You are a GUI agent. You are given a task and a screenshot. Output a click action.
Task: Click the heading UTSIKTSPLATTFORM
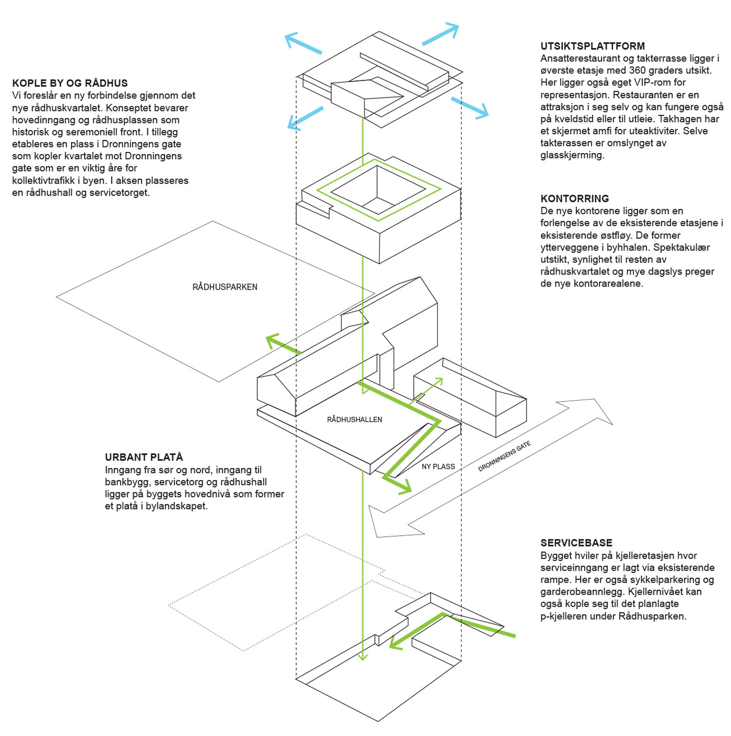pyautogui.click(x=592, y=46)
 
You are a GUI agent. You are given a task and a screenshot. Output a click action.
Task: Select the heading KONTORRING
pyautogui.click(x=575, y=198)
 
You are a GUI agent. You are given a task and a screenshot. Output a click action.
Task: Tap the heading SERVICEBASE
pyautogui.click(x=576, y=543)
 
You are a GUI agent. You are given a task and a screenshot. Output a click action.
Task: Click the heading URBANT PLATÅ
pyautogui.click(x=144, y=457)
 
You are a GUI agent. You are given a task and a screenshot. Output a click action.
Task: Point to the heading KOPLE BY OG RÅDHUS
pyautogui.click(x=70, y=83)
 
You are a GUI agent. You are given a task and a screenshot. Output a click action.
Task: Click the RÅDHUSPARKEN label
pyautogui.click(x=225, y=287)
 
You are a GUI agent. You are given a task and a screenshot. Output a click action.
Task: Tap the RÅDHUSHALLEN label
pyautogui.click(x=354, y=419)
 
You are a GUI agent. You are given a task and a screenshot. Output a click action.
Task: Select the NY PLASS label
pyautogui.click(x=438, y=466)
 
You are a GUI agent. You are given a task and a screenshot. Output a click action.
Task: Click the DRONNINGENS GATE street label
pyautogui.click(x=504, y=456)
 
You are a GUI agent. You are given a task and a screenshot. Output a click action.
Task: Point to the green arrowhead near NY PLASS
pyautogui.click(x=404, y=486)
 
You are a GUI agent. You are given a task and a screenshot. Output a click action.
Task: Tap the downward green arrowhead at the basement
pyautogui.click(x=362, y=656)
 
